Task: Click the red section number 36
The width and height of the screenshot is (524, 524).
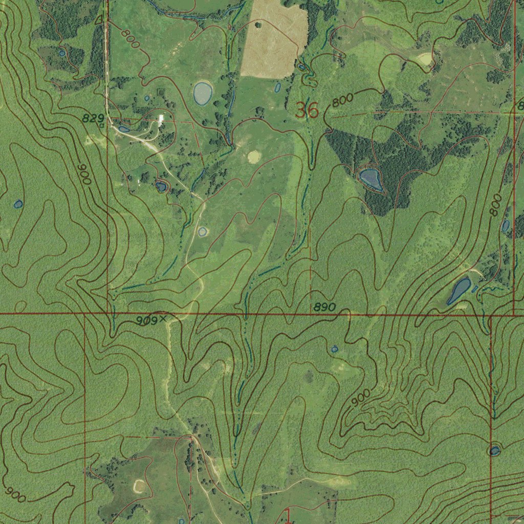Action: pyautogui.click(x=307, y=110)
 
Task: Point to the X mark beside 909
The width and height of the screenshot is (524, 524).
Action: pyautogui.click(x=163, y=318)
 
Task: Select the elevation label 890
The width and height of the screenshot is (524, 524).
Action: pyautogui.click(x=324, y=307)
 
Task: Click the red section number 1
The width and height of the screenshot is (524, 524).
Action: pyautogui.click(x=287, y=515)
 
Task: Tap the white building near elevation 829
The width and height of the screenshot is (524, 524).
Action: pyautogui.click(x=161, y=119)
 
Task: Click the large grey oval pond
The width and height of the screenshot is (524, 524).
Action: pyautogui.click(x=203, y=93)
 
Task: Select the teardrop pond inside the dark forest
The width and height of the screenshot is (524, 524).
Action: pyautogui.click(x=371, y=179)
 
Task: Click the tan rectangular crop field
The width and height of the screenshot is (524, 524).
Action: pyautogui.click(x=274, y=38)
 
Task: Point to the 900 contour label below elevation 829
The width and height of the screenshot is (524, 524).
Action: pyautogui.click(x=84, y=174)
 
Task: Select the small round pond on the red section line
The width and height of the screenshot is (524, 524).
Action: pyautogui.click(x=494, y=451)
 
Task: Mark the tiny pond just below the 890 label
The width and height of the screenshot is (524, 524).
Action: pyautogui.click(x=335, y=349)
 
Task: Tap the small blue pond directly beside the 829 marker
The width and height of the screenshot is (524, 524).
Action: pyautogui.click(x=124, y=129)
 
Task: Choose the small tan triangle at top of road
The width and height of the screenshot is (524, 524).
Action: pyautogui.click(x=99, y=20)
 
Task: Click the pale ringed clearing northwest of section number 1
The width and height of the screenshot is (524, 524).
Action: pyautogui.click(x=139, y=485)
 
